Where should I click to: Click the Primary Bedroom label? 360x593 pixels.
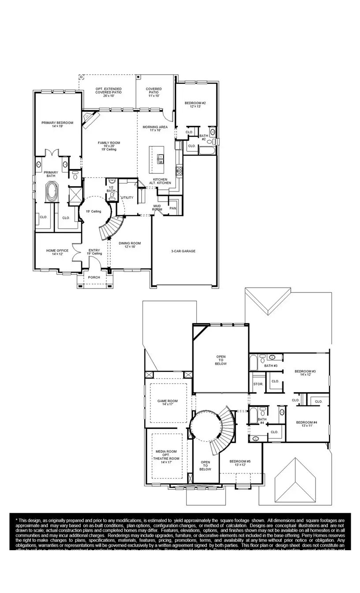(57, 125)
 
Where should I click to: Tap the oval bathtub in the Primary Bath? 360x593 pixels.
(52, 193)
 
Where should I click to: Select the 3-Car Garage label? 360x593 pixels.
(183, 251)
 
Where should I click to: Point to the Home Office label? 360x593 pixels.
(57, 252)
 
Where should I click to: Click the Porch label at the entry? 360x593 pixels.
(94, 278)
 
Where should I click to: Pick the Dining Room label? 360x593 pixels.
(130, 245)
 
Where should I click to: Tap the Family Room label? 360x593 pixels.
(109, 145)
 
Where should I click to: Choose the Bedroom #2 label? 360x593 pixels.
(195, 105)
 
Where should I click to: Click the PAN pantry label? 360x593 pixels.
(173, 208)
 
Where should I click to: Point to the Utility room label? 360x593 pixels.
(127, 198)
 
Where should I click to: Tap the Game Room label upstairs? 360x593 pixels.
(167, 403)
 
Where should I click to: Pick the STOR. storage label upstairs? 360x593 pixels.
(258, 384)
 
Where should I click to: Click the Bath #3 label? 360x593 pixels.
(270, 366)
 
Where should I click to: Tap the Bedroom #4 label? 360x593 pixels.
(307, 424)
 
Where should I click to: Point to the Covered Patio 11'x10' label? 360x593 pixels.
(154, 92)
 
